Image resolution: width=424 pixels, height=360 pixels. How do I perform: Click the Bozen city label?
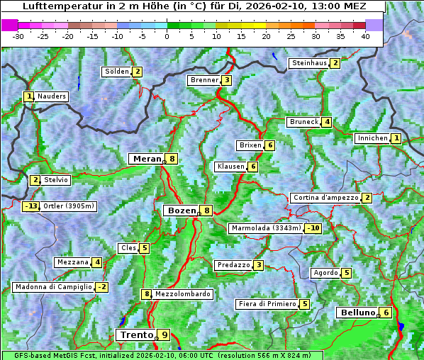[181, 210]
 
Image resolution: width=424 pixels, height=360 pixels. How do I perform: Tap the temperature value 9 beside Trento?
[164, 335]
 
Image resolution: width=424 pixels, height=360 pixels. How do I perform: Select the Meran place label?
[147, 159]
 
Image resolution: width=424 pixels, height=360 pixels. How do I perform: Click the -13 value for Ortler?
[30, 206]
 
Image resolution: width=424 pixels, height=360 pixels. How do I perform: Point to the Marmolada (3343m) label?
[266, 228]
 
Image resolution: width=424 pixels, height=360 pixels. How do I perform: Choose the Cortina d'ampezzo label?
[325, 198]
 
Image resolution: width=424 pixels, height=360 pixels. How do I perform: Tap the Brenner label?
[204, 80]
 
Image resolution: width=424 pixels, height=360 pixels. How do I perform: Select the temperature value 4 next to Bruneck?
[326, 122]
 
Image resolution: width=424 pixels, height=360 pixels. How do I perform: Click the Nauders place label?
[52, 96]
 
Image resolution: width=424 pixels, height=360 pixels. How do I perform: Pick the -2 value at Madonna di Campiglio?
[103, 287]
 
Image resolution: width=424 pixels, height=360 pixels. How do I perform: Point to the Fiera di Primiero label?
[267, 304]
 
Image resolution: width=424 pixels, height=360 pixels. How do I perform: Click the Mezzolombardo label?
[182, 294]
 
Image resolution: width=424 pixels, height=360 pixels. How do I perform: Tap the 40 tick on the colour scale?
[365, 35]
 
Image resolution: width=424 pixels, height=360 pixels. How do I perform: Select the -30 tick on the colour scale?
[18, 35]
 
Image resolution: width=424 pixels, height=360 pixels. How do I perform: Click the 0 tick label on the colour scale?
[167, 35]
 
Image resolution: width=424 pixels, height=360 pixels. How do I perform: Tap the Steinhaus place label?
[309, 63]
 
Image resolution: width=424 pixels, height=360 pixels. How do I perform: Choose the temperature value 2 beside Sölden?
[138, 72]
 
